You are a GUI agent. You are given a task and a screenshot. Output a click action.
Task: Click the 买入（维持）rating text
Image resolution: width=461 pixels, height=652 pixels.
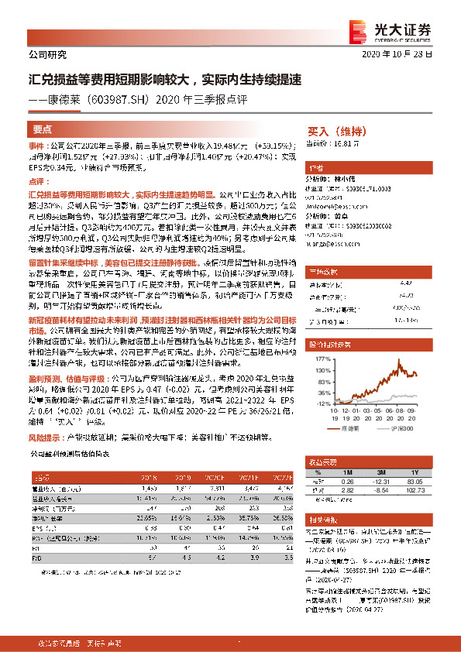click(339, 132)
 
